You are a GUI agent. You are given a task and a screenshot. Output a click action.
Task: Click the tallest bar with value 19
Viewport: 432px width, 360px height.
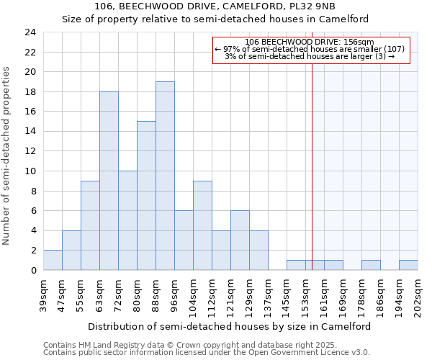coord(165,176)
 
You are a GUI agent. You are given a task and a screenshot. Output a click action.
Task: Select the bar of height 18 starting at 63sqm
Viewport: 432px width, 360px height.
coord(109,181)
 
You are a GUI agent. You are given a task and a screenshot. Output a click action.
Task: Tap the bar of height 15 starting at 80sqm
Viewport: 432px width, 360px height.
coord(146,196)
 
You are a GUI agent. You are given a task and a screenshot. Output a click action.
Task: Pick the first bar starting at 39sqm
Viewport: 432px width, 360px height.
coord(53,260)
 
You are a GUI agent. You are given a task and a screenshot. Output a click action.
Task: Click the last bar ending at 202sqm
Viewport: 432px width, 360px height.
coord(408,265)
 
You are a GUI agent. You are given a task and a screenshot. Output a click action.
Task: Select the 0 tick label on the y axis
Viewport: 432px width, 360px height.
coord(32,270)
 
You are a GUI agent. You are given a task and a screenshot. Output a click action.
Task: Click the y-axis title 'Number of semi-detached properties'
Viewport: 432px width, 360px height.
coord(7,156)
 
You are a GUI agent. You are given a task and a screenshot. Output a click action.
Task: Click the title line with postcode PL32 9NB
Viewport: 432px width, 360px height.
coord(215,6)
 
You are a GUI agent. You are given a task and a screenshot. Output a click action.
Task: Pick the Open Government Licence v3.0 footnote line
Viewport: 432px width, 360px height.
coord(207,353)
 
